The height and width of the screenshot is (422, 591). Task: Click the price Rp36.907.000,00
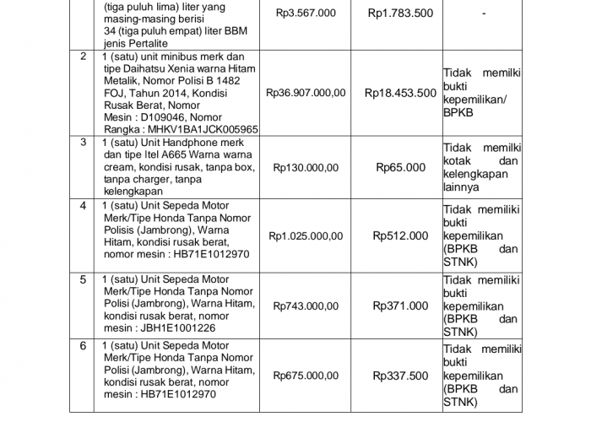tap(306, 94)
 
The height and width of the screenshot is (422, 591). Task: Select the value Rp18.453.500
tap(400, 94)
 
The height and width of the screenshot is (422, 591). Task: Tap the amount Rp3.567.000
tap(306, 14)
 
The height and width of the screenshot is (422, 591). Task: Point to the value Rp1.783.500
tap(400, 14)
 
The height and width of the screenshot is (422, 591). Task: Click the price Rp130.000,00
tap(306, 168)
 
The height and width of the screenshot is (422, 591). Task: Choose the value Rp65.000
tap(400, 168)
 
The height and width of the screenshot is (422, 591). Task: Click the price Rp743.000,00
tap(306, 306)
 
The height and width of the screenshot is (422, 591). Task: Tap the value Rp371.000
tap(400, 306)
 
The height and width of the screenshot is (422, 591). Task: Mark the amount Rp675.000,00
tap(306, 376)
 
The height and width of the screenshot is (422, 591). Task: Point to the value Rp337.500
tap(400, 376)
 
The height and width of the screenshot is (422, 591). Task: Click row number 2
tap(83, 57)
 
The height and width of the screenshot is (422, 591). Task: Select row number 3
tap(83, 143)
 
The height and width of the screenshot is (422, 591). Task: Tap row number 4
tap(83, 206)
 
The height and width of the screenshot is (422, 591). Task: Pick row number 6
tap(83, 346)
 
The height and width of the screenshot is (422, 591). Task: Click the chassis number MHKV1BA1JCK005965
tap(203, 130)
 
